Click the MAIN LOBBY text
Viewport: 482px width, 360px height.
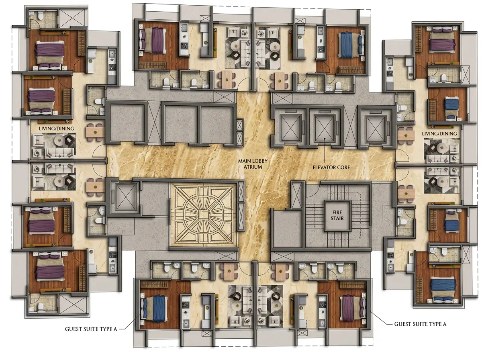[253, 161]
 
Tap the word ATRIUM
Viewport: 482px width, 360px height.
[253, 167]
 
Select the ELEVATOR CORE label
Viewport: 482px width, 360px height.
[331, 168]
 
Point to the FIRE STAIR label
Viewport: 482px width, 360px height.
[337, 215]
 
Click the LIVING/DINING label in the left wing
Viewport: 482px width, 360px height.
[57, 129]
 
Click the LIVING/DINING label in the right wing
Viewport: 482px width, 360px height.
[439, 133]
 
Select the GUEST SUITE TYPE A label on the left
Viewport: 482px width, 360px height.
[91, 329]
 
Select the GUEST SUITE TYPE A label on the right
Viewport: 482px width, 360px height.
[420, 324]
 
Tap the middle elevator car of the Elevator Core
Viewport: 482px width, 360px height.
[324, 128]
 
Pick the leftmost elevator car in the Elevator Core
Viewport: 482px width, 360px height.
[290, 128]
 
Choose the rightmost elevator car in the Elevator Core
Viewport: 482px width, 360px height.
[375, 128]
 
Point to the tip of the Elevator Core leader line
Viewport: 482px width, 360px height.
[325, 139]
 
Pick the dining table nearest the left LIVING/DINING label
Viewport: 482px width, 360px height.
[95, 132]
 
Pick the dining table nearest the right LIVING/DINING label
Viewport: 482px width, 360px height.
[406, 135]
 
